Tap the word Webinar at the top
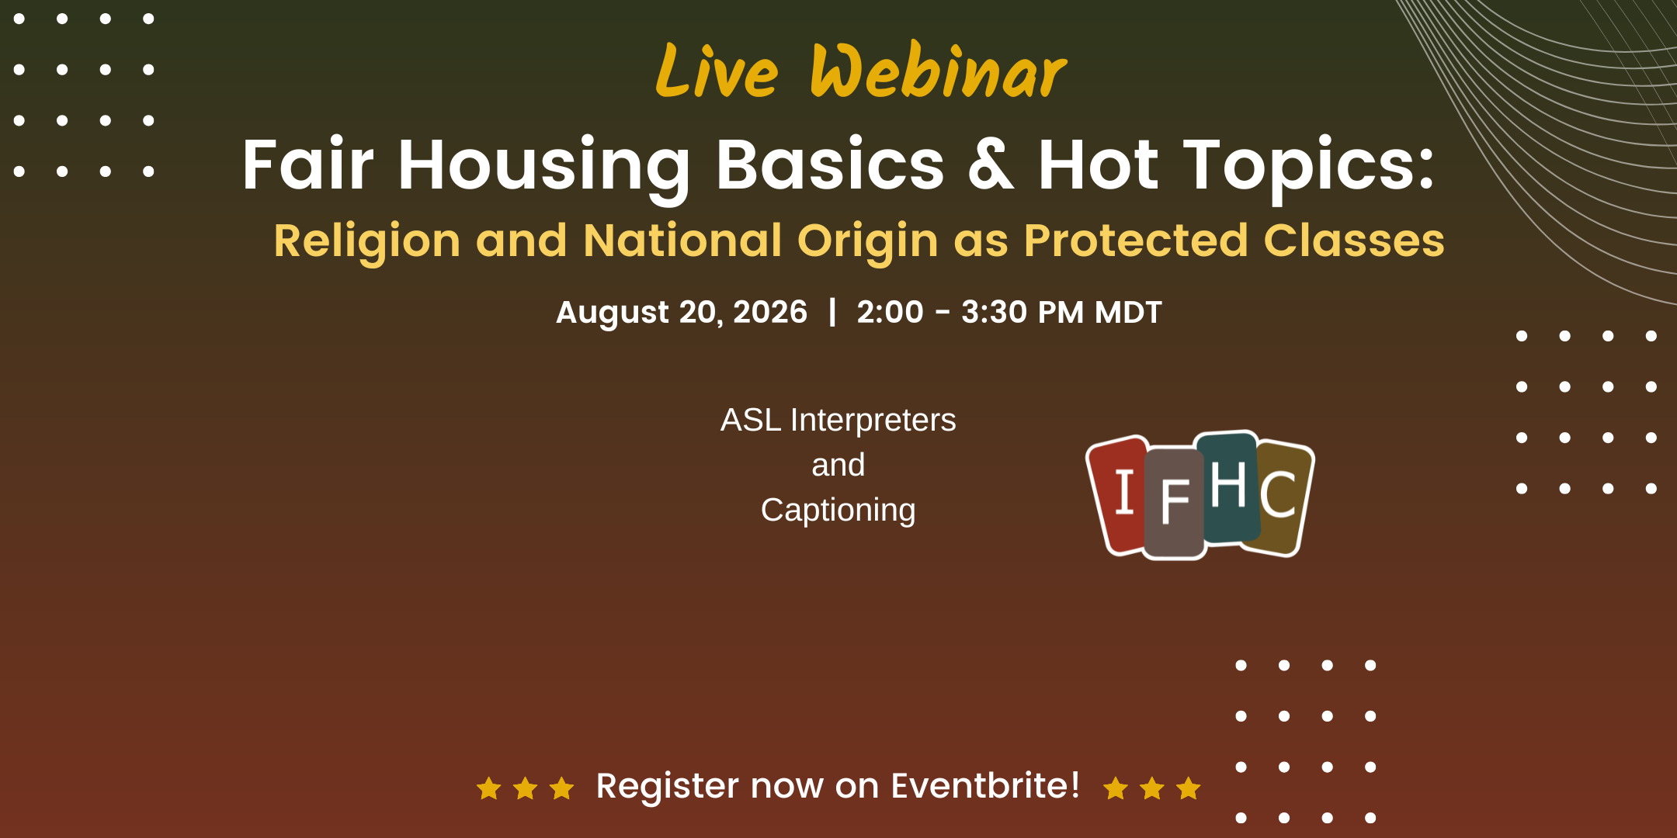tap(939, 71)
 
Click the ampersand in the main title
tap(991, 164)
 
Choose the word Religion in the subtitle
tap(367, 241)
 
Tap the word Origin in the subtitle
tap(867, 241)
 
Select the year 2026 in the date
tap(770, 312)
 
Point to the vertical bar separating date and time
tap(832, 312)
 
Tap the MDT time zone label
tap(1128, 312)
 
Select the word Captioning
tap(838, 511)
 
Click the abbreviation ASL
tap(751, 420)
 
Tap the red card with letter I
tap(1119, 495)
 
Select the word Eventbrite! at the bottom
tap(985, 785)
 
